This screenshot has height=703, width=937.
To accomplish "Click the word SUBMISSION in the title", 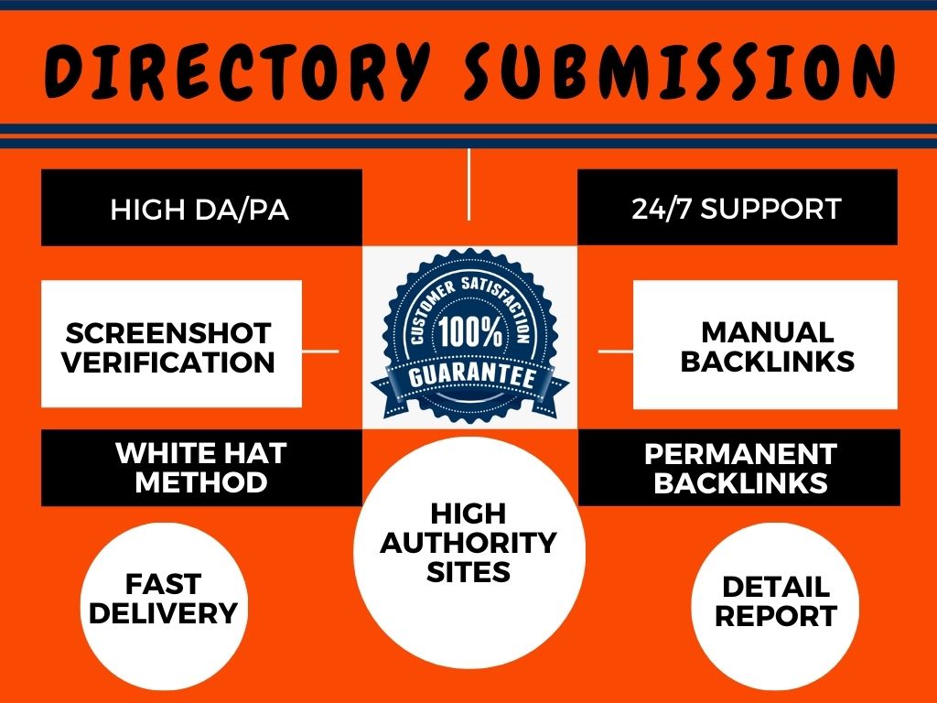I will pos(676,70).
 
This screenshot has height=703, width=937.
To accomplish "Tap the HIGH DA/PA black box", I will pos(200,208).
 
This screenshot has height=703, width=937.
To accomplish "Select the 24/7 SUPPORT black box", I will pos(737,208).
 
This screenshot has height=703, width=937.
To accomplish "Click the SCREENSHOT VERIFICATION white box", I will pos(171,344).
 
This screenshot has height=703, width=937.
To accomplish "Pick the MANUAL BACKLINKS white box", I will pos(766,344).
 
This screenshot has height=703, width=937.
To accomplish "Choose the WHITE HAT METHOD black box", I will pos(200,467).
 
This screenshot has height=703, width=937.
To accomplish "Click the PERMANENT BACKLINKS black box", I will pos(739,467).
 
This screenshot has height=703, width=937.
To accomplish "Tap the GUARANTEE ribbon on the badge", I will pos(468,377).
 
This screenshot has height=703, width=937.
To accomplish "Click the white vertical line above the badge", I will pos(468,183).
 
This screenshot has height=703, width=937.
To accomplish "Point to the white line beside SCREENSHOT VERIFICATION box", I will pos(320,350).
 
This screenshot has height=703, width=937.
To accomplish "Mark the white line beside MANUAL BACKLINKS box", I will pos(615,350).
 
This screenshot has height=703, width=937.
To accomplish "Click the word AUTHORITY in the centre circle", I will pos(468,542).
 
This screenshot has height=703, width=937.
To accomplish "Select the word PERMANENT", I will pos(739,454).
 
